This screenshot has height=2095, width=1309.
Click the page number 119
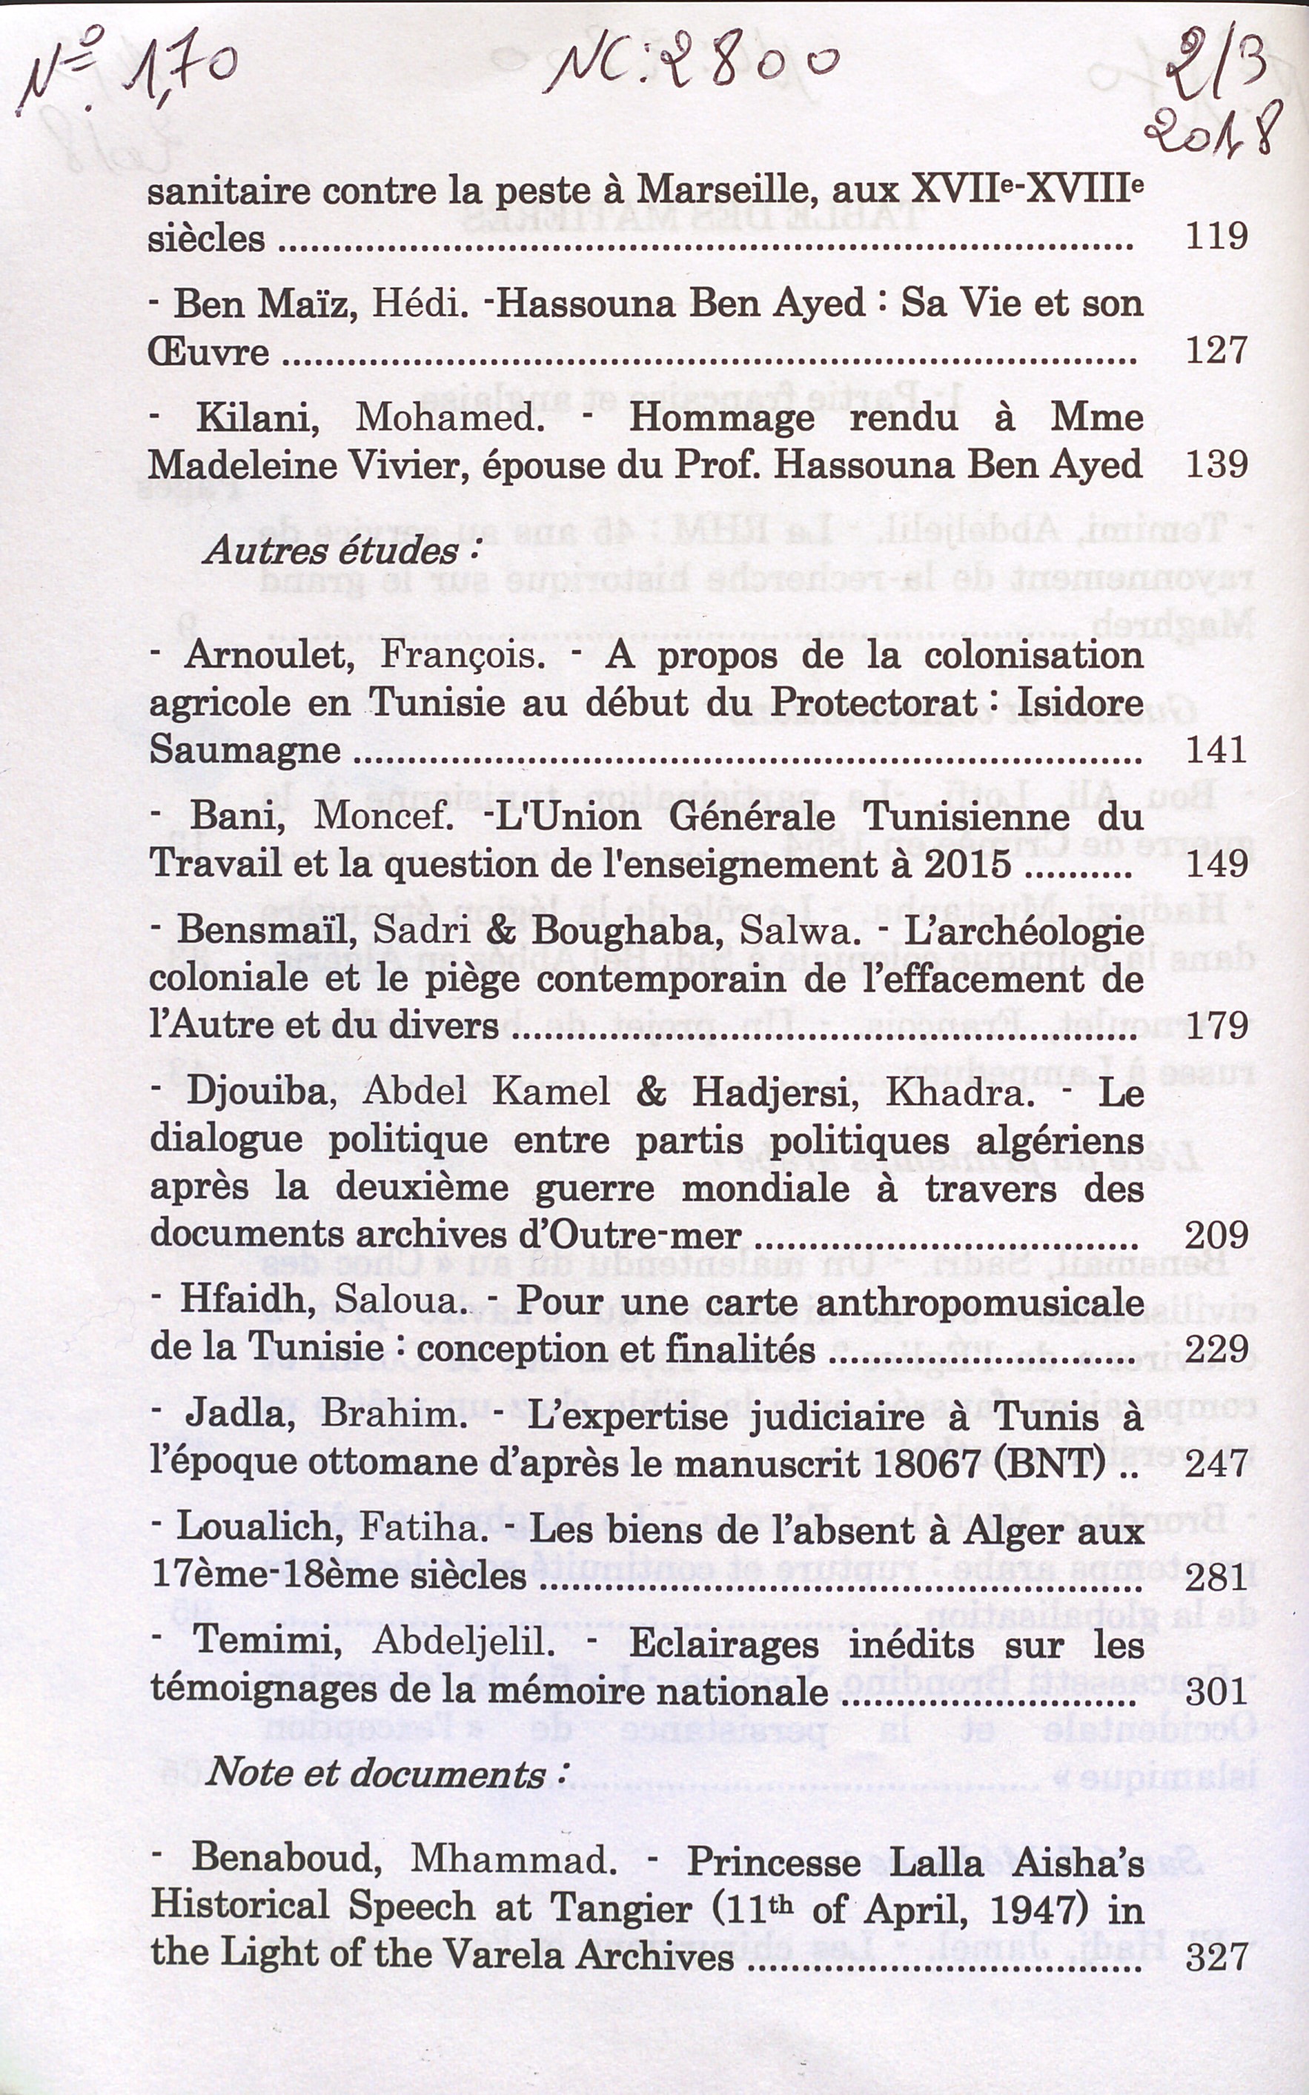[1216, 236]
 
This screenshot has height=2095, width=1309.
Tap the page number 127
[1216, 351]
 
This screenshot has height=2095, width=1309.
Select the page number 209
[1216, 1234]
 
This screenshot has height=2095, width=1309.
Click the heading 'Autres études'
[331, 551]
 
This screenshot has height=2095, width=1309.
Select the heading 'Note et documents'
[377, 1773]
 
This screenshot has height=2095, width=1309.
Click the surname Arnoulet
[268, 655]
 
